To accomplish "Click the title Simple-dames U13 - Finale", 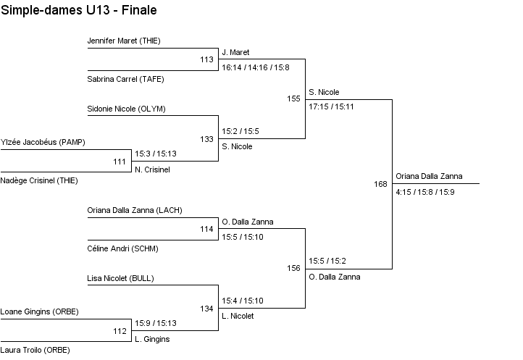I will click(x=79, y=11).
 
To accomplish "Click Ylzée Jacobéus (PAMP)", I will click(x=43, y=142).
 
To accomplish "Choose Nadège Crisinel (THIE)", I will click(x=39, y=180).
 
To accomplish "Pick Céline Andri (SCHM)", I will click(x=122, y=248).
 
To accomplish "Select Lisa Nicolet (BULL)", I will click(x=120, y=278).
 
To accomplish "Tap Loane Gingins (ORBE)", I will click(x=39, y=311).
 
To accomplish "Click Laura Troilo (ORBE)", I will click(x=35, y=350).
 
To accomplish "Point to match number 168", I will click(x=381, y=184).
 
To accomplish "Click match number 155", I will click(x=293, y=99).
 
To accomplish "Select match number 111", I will click(x=120, y=162).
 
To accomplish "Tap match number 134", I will click(x=206, y=309).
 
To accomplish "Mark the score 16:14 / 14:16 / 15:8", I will click(x=255, y=67).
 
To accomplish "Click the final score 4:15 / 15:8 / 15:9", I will click(x=425, y=192).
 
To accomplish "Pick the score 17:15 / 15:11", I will click(x=330, y=106).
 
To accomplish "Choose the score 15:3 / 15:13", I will click(x=156, y=154).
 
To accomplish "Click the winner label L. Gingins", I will click(x=152, y=339).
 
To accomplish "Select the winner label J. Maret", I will click(x=235, y=53).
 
